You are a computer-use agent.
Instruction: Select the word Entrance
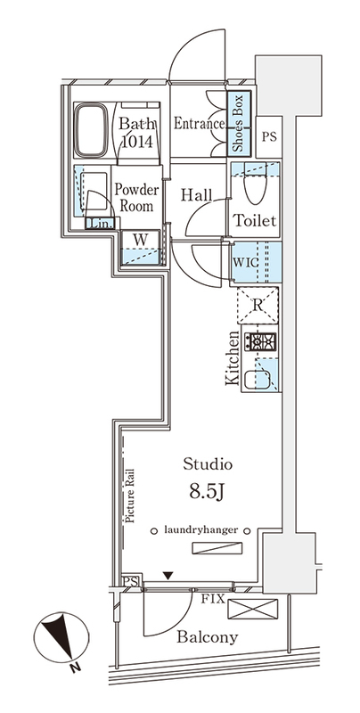tap(198, 124)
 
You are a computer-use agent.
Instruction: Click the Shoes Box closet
tap(238, 125)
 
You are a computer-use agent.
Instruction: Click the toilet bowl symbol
tap(254, 187)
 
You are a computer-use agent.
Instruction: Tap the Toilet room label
tap(254, 220)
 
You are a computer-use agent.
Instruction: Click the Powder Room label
tap(136, 197)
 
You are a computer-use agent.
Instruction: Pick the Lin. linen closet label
tap(101, 225)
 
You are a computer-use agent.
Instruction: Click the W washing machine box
tap(141, 247)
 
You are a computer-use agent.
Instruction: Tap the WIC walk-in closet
tap(255, 263)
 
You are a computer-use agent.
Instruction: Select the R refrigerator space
tap(257, 307)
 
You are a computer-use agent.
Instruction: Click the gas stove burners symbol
tap(262, 342)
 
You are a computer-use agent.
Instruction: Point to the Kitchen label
tap(233, 359)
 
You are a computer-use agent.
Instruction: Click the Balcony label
tap(207, 637)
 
